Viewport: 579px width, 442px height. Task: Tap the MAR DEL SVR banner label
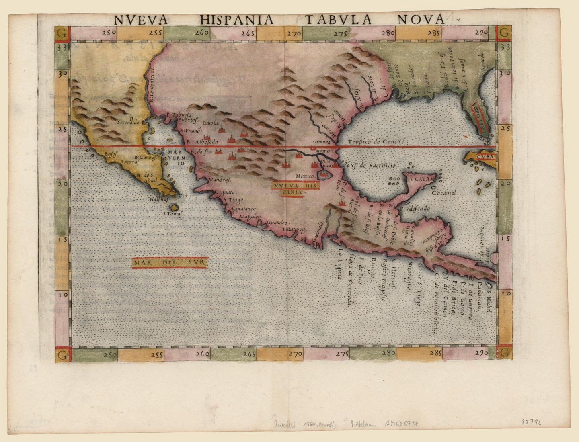coord(169,263)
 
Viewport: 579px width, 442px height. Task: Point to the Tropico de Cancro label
coord(378,142)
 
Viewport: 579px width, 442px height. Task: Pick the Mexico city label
coord(304,176)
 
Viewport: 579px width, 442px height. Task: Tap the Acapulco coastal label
coord(250,217)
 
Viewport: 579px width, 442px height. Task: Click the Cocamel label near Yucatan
coord(445,192)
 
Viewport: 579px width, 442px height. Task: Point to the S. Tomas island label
coord(173,214)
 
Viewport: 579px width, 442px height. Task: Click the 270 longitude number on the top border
coord(294,34)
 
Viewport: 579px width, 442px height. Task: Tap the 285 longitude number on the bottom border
coord(436,353)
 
